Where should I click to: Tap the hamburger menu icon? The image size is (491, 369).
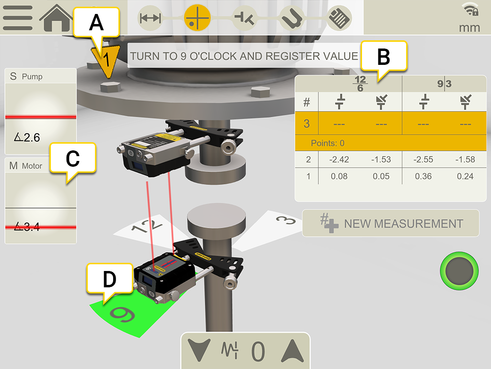click(18, 18)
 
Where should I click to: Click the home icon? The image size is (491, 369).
click(57, 18)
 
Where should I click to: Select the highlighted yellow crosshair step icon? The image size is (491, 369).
click(197, 18)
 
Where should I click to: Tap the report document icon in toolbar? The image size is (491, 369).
click(339, 18)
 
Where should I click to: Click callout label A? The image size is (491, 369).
click(96, 23)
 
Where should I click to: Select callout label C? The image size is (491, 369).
click(73, 158)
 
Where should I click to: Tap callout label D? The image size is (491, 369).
click(110, 279)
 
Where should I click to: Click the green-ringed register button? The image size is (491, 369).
click(459, 271)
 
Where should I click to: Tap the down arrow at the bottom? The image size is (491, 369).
click(199, 350)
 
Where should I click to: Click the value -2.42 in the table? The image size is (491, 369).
click(339, 160)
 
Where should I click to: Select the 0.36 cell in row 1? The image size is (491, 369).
click(423, 176)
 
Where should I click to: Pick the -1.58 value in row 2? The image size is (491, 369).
click(465, 160)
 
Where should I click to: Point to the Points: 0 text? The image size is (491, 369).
click(327, 143)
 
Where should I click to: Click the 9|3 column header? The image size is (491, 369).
click(444, 84)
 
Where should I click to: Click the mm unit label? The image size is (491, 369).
click(469, 27)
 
